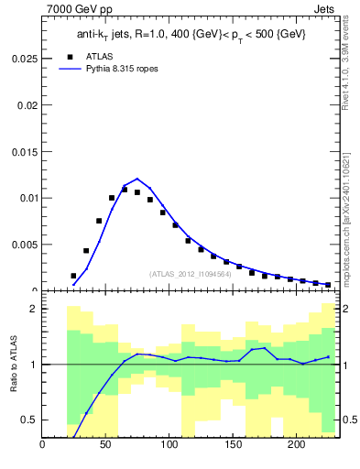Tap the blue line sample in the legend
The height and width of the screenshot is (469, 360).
point(65,69)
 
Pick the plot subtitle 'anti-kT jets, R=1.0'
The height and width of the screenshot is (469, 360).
point(128,34)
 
